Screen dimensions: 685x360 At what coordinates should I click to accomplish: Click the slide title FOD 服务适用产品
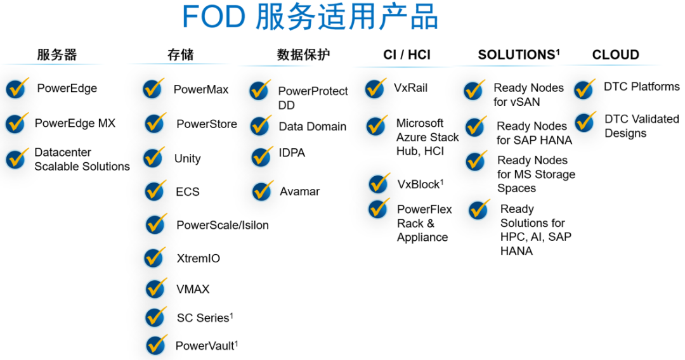click(x=310, y=17)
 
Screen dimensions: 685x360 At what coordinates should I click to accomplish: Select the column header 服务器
click(x=57, y=55)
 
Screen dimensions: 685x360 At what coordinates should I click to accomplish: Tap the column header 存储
click(x=180, y=55)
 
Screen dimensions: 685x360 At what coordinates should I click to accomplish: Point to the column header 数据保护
click(x=303, y=55)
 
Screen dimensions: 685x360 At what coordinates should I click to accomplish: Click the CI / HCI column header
click(x=407, y=55)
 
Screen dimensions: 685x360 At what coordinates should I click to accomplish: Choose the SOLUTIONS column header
click(x=519, y=55)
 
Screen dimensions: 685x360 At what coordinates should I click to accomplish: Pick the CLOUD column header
click(x=615, y=55)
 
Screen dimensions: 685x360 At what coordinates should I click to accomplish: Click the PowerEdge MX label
click(x=75, y=123)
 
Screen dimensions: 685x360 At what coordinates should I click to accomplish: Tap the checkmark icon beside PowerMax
click(x=153, y=88)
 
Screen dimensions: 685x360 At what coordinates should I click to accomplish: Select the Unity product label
click(x=187, y=158)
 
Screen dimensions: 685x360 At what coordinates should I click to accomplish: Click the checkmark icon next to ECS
click(x=155, y=191)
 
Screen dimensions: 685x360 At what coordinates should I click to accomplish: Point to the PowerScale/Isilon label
click(x=223, y=225)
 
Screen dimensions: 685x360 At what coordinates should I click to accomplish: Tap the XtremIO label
click(x=199, y=259)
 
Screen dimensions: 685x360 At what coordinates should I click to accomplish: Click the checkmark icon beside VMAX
click(x=156, y=288)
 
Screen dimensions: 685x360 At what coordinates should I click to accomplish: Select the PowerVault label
click(x=207, y=345)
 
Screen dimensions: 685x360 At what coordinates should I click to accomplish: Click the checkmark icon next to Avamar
click(x=263, y=191)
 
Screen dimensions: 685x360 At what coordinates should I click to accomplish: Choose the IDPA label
click(x=292, y=153)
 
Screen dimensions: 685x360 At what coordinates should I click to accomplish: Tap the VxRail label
click(x=410, y=87)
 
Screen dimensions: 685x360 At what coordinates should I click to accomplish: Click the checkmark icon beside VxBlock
click(x=379, y=183)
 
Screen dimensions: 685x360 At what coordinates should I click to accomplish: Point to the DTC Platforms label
click(x=642, y=86)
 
